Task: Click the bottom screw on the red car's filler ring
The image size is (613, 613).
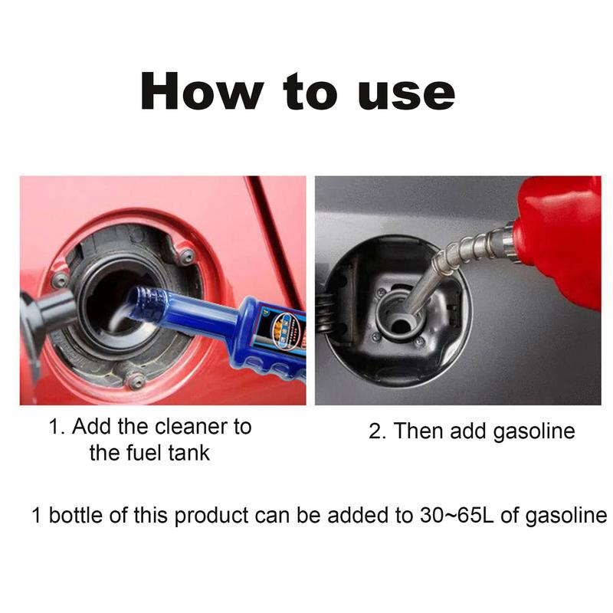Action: (x=136, y=379)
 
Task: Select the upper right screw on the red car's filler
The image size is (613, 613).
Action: (x=186, y=255)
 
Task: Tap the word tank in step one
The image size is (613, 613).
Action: (x=189, y=452)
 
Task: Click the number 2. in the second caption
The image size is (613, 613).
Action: (x=378, y=431)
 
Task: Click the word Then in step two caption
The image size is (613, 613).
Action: (x=419, y=431)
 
